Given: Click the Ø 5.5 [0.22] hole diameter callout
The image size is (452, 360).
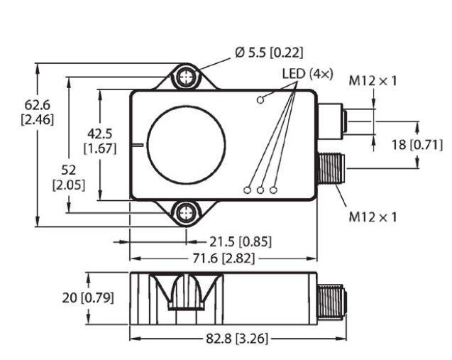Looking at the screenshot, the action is coord(269,53).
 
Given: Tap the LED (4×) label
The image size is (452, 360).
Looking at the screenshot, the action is coord(307,74).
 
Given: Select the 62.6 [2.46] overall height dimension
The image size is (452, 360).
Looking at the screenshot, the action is coord(38,112).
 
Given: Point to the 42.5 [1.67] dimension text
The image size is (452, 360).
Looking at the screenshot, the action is coord(100,141).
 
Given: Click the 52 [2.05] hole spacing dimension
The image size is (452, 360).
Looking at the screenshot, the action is coord(69,178).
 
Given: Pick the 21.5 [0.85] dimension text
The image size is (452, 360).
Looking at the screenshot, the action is coord(241,241).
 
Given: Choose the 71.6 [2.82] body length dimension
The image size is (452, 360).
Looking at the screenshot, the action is coord(224,258).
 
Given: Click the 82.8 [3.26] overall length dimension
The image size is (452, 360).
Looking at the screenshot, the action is coord(237,339).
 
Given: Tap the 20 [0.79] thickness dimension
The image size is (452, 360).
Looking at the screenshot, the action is coord(88,298).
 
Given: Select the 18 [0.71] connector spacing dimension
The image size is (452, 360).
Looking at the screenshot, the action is coord(417,145).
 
